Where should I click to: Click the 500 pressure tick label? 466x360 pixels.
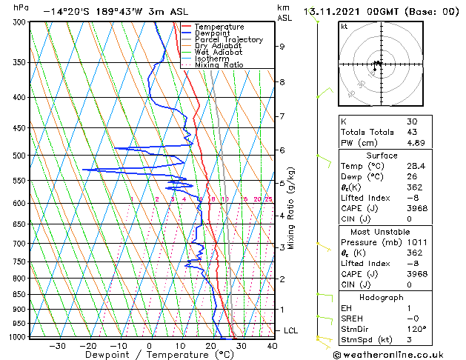pyautogui.click(x=19, y=156)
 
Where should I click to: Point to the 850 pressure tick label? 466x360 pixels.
pyautogui.click(x=19, y=295)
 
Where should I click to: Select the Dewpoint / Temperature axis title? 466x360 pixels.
pyautogui.click(x=150, y=355)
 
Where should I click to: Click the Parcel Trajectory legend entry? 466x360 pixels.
pyautogui.click(x=229, y=40)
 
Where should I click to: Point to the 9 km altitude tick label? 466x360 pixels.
pyautogui.click(x=282, y=46)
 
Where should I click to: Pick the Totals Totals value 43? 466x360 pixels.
pyautogui.click(x=412, y=133)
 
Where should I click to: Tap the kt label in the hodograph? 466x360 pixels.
pyautogui.click(x=344, y=27)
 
